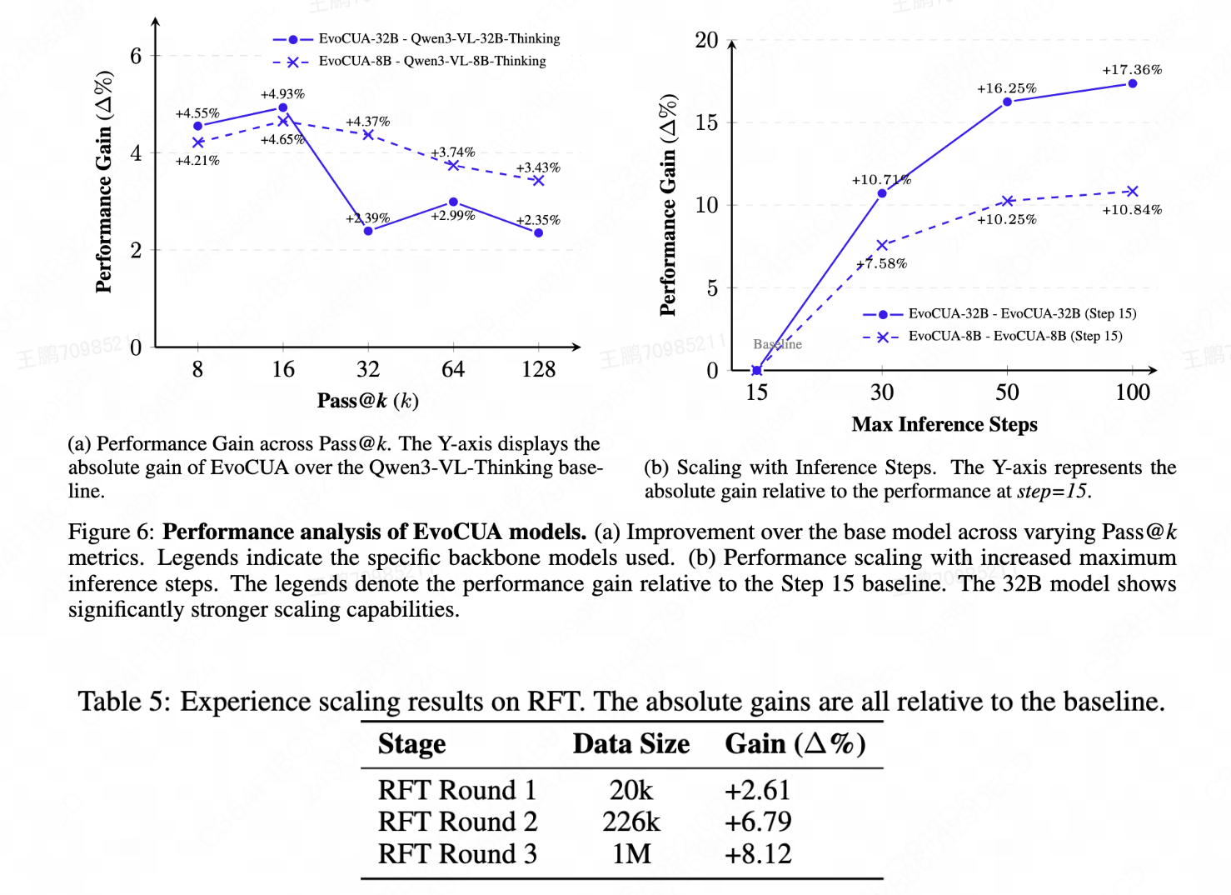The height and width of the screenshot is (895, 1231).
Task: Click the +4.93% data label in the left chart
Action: coord(282,94)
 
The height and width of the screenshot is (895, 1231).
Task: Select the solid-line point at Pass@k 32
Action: coord(368,231)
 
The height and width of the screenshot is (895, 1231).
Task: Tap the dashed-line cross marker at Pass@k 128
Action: coord(538,180)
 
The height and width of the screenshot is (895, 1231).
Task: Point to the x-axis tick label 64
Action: coord(453,369)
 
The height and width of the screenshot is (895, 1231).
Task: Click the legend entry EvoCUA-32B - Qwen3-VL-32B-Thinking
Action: coord(439,38)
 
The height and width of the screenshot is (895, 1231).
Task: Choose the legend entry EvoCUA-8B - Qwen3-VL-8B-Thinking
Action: coord(432,61)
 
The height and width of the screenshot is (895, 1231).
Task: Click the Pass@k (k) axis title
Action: coord(367,401)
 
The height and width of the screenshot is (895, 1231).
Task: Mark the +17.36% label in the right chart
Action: coord(1132,70)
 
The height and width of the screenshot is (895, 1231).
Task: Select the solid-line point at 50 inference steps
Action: coord(1007,102)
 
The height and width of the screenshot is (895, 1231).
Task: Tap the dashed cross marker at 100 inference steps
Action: coord(1132,192)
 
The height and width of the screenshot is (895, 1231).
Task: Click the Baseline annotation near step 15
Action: coord(777,344)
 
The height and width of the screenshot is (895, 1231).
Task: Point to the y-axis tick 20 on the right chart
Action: coord(706,40)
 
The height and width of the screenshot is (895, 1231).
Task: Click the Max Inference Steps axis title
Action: coord(944,424)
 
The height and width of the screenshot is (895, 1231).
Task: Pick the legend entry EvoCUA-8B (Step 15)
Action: coord(1014,336)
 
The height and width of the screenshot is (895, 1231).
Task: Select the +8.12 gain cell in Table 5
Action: coord(758,854)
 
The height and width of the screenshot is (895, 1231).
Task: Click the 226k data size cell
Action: coord(630,822)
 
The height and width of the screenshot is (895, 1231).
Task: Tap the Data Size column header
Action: coord(630,743)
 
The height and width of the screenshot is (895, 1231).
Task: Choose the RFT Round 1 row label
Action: coord(456,790)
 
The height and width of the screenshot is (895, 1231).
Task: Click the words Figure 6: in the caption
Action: coord(111,532)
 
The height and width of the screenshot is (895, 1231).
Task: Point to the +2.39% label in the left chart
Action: coord(367,218)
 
